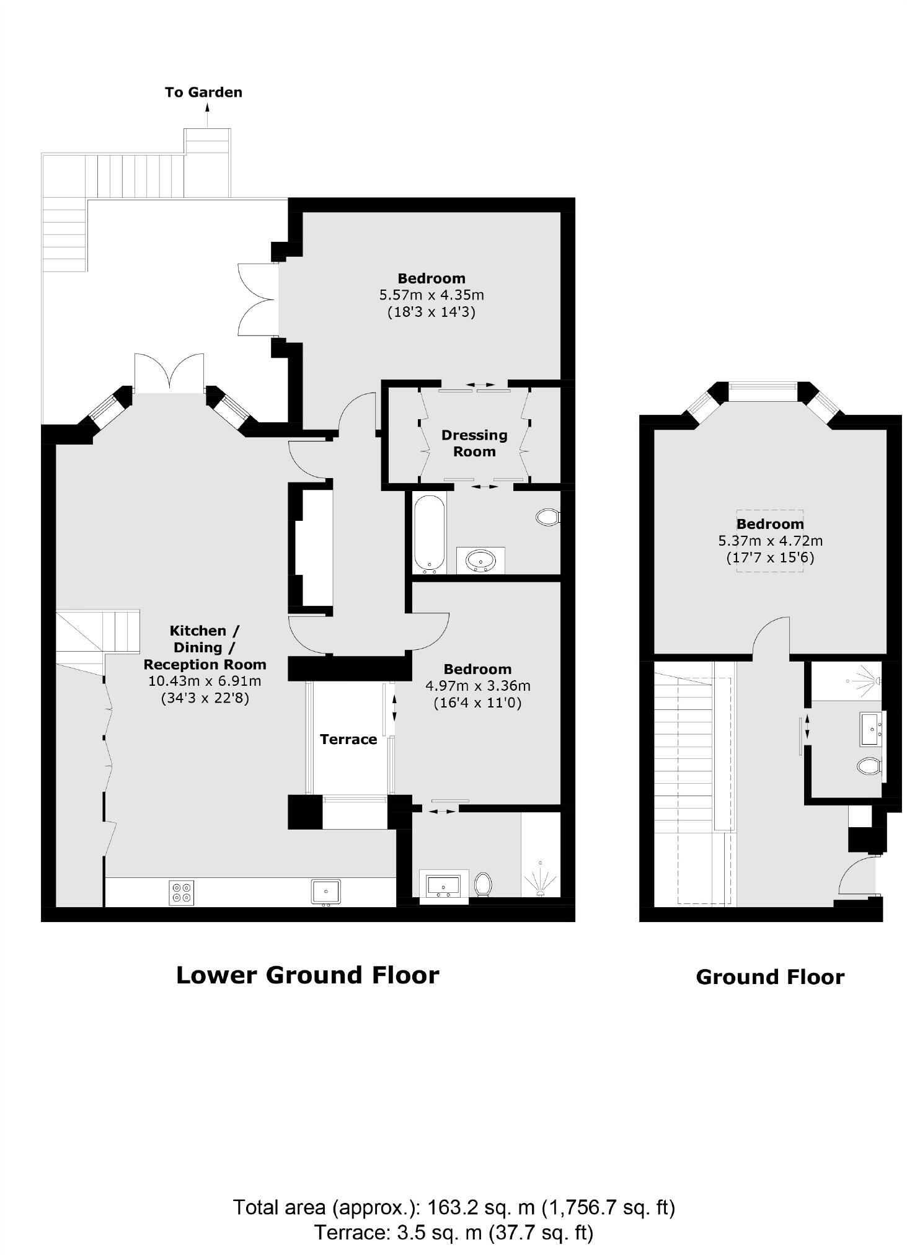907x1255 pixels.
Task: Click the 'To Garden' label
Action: click(203, 92)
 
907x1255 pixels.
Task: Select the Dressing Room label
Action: click(474, 443)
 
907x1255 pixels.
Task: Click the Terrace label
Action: click(348, 739)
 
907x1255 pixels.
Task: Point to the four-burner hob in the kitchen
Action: click(182, 892)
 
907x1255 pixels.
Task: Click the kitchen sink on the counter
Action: click(325, 892)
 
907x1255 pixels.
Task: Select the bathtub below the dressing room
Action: click(429, 533)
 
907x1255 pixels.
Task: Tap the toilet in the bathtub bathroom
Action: click(547, 517)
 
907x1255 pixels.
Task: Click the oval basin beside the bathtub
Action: click(480, 561)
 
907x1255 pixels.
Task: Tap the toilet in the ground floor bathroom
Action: click(869, 766)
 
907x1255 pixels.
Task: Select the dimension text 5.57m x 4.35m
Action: click(431, 295)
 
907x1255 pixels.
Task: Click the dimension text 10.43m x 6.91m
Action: click(205, 681)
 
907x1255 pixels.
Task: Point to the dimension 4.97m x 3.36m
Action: click(477, 686)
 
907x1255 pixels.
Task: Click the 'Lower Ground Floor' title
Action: click(307, 975)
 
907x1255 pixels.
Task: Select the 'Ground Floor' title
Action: click(769, 977)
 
